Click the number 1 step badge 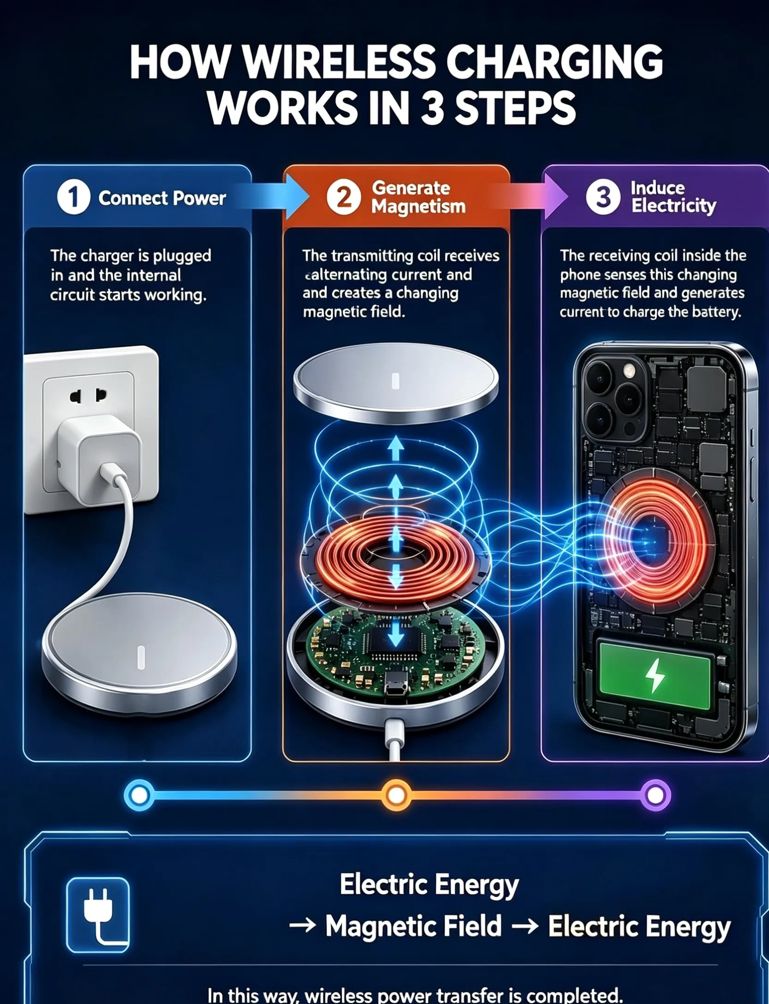coord(73,197)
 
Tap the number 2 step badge coord(344,197)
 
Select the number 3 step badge coord(603,197)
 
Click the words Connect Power coord(162,198)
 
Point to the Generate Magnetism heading coord(418,197)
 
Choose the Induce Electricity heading coord(674,197)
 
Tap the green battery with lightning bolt coord(655,676)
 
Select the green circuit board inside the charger coord(396,647)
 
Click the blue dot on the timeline coord(139,795)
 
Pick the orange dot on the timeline coord(396,795)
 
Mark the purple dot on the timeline coord(655,795)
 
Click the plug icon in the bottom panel coord(98,915)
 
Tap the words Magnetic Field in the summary coord(413,926)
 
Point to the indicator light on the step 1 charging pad coord(141,657)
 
